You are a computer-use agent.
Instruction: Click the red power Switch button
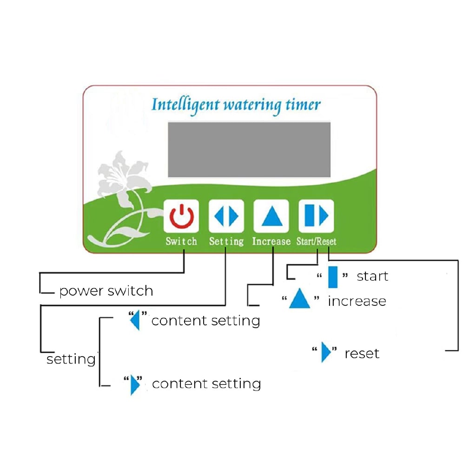click(181, 216)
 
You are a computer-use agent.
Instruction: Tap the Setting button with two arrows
click(226, 216)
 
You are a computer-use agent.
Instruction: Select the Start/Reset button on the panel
click(316, 216)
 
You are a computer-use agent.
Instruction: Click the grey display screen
click(249, 149)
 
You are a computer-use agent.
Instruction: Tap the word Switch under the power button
click(181, 242)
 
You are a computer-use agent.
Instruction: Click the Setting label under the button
click(226, 242)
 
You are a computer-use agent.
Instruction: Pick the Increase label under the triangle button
click(271, 242)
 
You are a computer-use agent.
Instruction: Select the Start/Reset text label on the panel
click(316, 242)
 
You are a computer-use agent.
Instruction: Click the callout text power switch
click(106, 291)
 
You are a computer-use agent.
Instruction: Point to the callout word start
click(372, 276)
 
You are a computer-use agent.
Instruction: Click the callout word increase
click(357, 301)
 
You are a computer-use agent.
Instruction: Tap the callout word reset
click(362, 353)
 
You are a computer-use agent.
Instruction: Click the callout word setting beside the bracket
click(71, 359)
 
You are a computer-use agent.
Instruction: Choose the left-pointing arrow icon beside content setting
click(135, 320)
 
